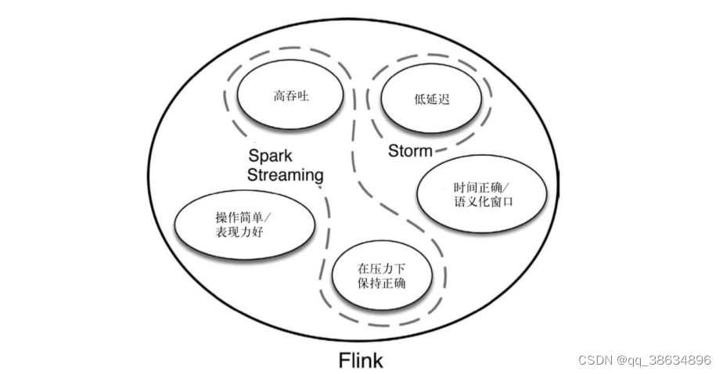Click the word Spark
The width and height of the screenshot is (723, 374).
pyautogui.click(x=269, y=155)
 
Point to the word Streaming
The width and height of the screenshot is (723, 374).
pyautogui.click(x=285, y=174)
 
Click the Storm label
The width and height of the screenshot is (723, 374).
pyautogui.click(x=410, y=151)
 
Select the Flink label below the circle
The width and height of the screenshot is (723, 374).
pyautogui.click(x=361, y=361)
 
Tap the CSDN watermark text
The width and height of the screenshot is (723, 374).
pyautogui.click(x=595, y=360)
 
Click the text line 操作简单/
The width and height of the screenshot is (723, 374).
pyautogui.click(x=243, y=218)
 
